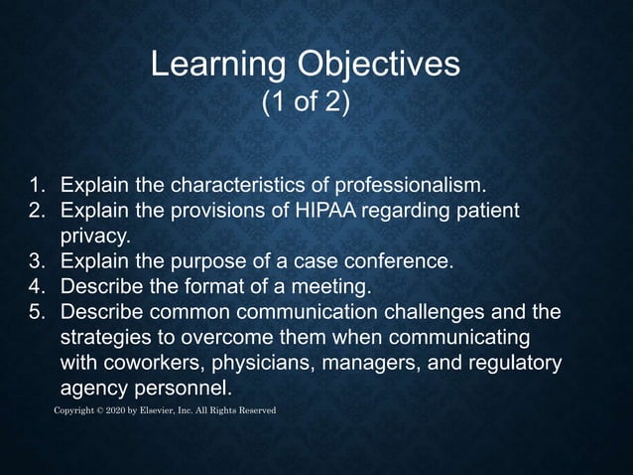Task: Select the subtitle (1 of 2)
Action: [306, 102]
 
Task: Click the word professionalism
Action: [411, 186]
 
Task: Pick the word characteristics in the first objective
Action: [238, 186]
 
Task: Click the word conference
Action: [401, 262]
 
